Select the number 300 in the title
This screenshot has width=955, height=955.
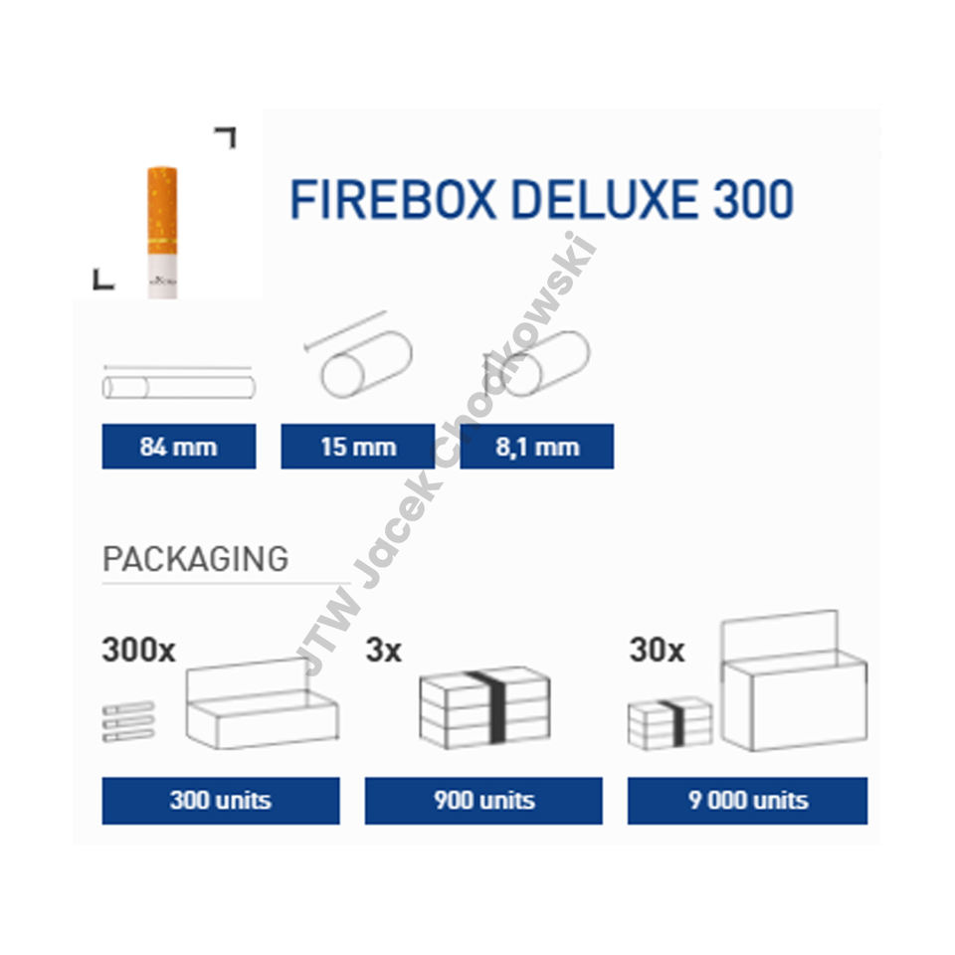click(x=753, y=200)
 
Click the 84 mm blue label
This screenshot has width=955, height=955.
click(x=179, y=447)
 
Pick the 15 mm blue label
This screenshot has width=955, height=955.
click(x=357, y=447)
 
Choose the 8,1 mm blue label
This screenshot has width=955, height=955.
click(x=537, y=447)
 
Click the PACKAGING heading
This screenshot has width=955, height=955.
click(x=195, y=559)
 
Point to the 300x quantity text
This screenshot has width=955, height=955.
click(x=138, y=652)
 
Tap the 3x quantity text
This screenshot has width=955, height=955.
click(x=384, y=652)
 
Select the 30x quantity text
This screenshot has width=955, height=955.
click(x=657, y=652)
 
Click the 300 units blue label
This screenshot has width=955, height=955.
click(x=220, y=801)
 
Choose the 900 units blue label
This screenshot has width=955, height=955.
click(x=483, y=801)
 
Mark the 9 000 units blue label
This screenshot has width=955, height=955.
click(x=747, y=801)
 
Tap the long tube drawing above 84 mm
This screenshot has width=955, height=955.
click(x=178, y=386)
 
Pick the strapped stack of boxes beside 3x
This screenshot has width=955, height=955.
click(x=484, y=707)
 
